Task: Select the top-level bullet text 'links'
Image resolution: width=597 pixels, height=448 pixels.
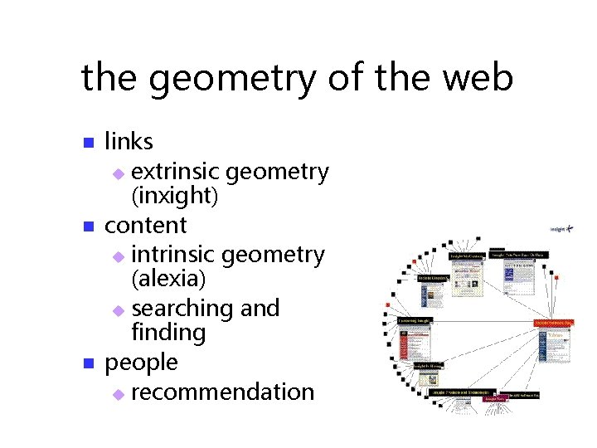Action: [x=129, y=142]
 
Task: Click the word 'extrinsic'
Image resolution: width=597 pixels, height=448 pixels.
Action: [x=175, y=172]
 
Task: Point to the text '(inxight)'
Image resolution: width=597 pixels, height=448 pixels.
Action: [x=175, y=196]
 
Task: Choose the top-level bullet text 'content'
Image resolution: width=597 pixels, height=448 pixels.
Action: [x=146, y=225]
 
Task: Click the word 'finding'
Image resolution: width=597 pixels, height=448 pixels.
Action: [x=168, y=334]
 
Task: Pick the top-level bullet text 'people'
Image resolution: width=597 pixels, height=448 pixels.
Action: [x=141, y=363]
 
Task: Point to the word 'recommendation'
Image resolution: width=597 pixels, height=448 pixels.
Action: [x=222, y=392]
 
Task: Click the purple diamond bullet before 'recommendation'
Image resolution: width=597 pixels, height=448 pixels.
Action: [x=118, y=393]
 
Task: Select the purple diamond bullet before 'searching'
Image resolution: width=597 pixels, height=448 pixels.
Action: [x=118, y=310]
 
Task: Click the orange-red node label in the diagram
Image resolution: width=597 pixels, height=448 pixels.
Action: [x=554, y=322]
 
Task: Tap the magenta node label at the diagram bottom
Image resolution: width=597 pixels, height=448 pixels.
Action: [x=497, y=398]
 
